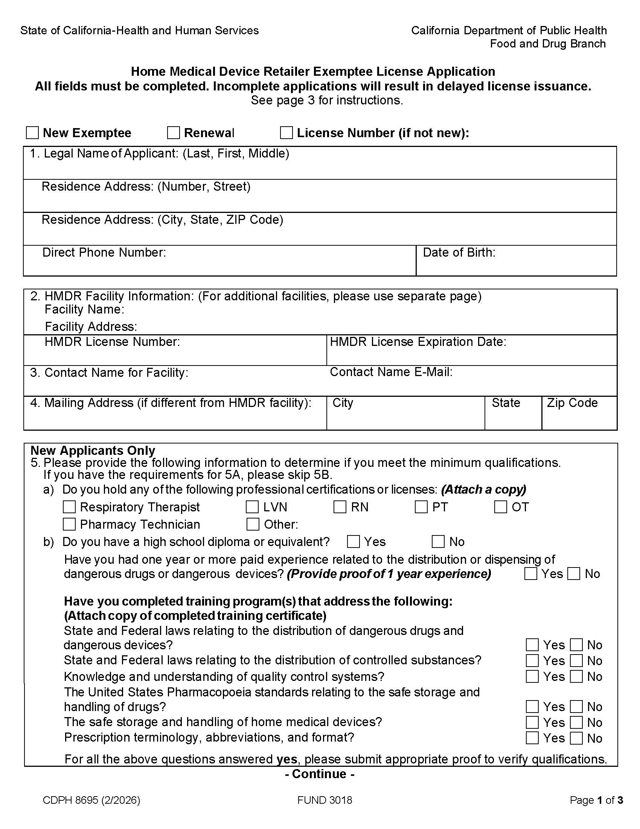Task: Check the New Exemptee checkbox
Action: click(x=32, y=133)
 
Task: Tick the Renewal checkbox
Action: click(x=173, y=133)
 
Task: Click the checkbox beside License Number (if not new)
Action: click(x=286, y=133)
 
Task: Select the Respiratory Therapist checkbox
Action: click(x=69, y=507)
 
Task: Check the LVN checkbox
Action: click(x=252, y=507)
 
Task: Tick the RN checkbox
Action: click(x=340, y=507)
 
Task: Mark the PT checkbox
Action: click(x=421, y=507)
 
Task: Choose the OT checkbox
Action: click(x=500, y=507)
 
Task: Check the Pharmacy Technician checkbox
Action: click(x=69, y=524)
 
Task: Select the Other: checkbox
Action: click(x=253, y=524)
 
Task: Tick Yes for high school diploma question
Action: click(x=354, y=541)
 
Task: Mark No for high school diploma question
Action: click(x=438, y=541)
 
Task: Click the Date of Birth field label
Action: click(x=459, y=252)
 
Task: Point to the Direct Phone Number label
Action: click(x=104, y=252)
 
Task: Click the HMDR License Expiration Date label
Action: click(x=418, y=342)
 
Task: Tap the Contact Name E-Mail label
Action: click(x=391, y=372)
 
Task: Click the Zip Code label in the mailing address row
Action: click(x=572, y=402)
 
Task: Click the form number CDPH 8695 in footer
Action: click(x=91, y=800)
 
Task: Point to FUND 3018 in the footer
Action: click(x=325, y=800)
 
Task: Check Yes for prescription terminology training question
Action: click(x=532, y=738)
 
